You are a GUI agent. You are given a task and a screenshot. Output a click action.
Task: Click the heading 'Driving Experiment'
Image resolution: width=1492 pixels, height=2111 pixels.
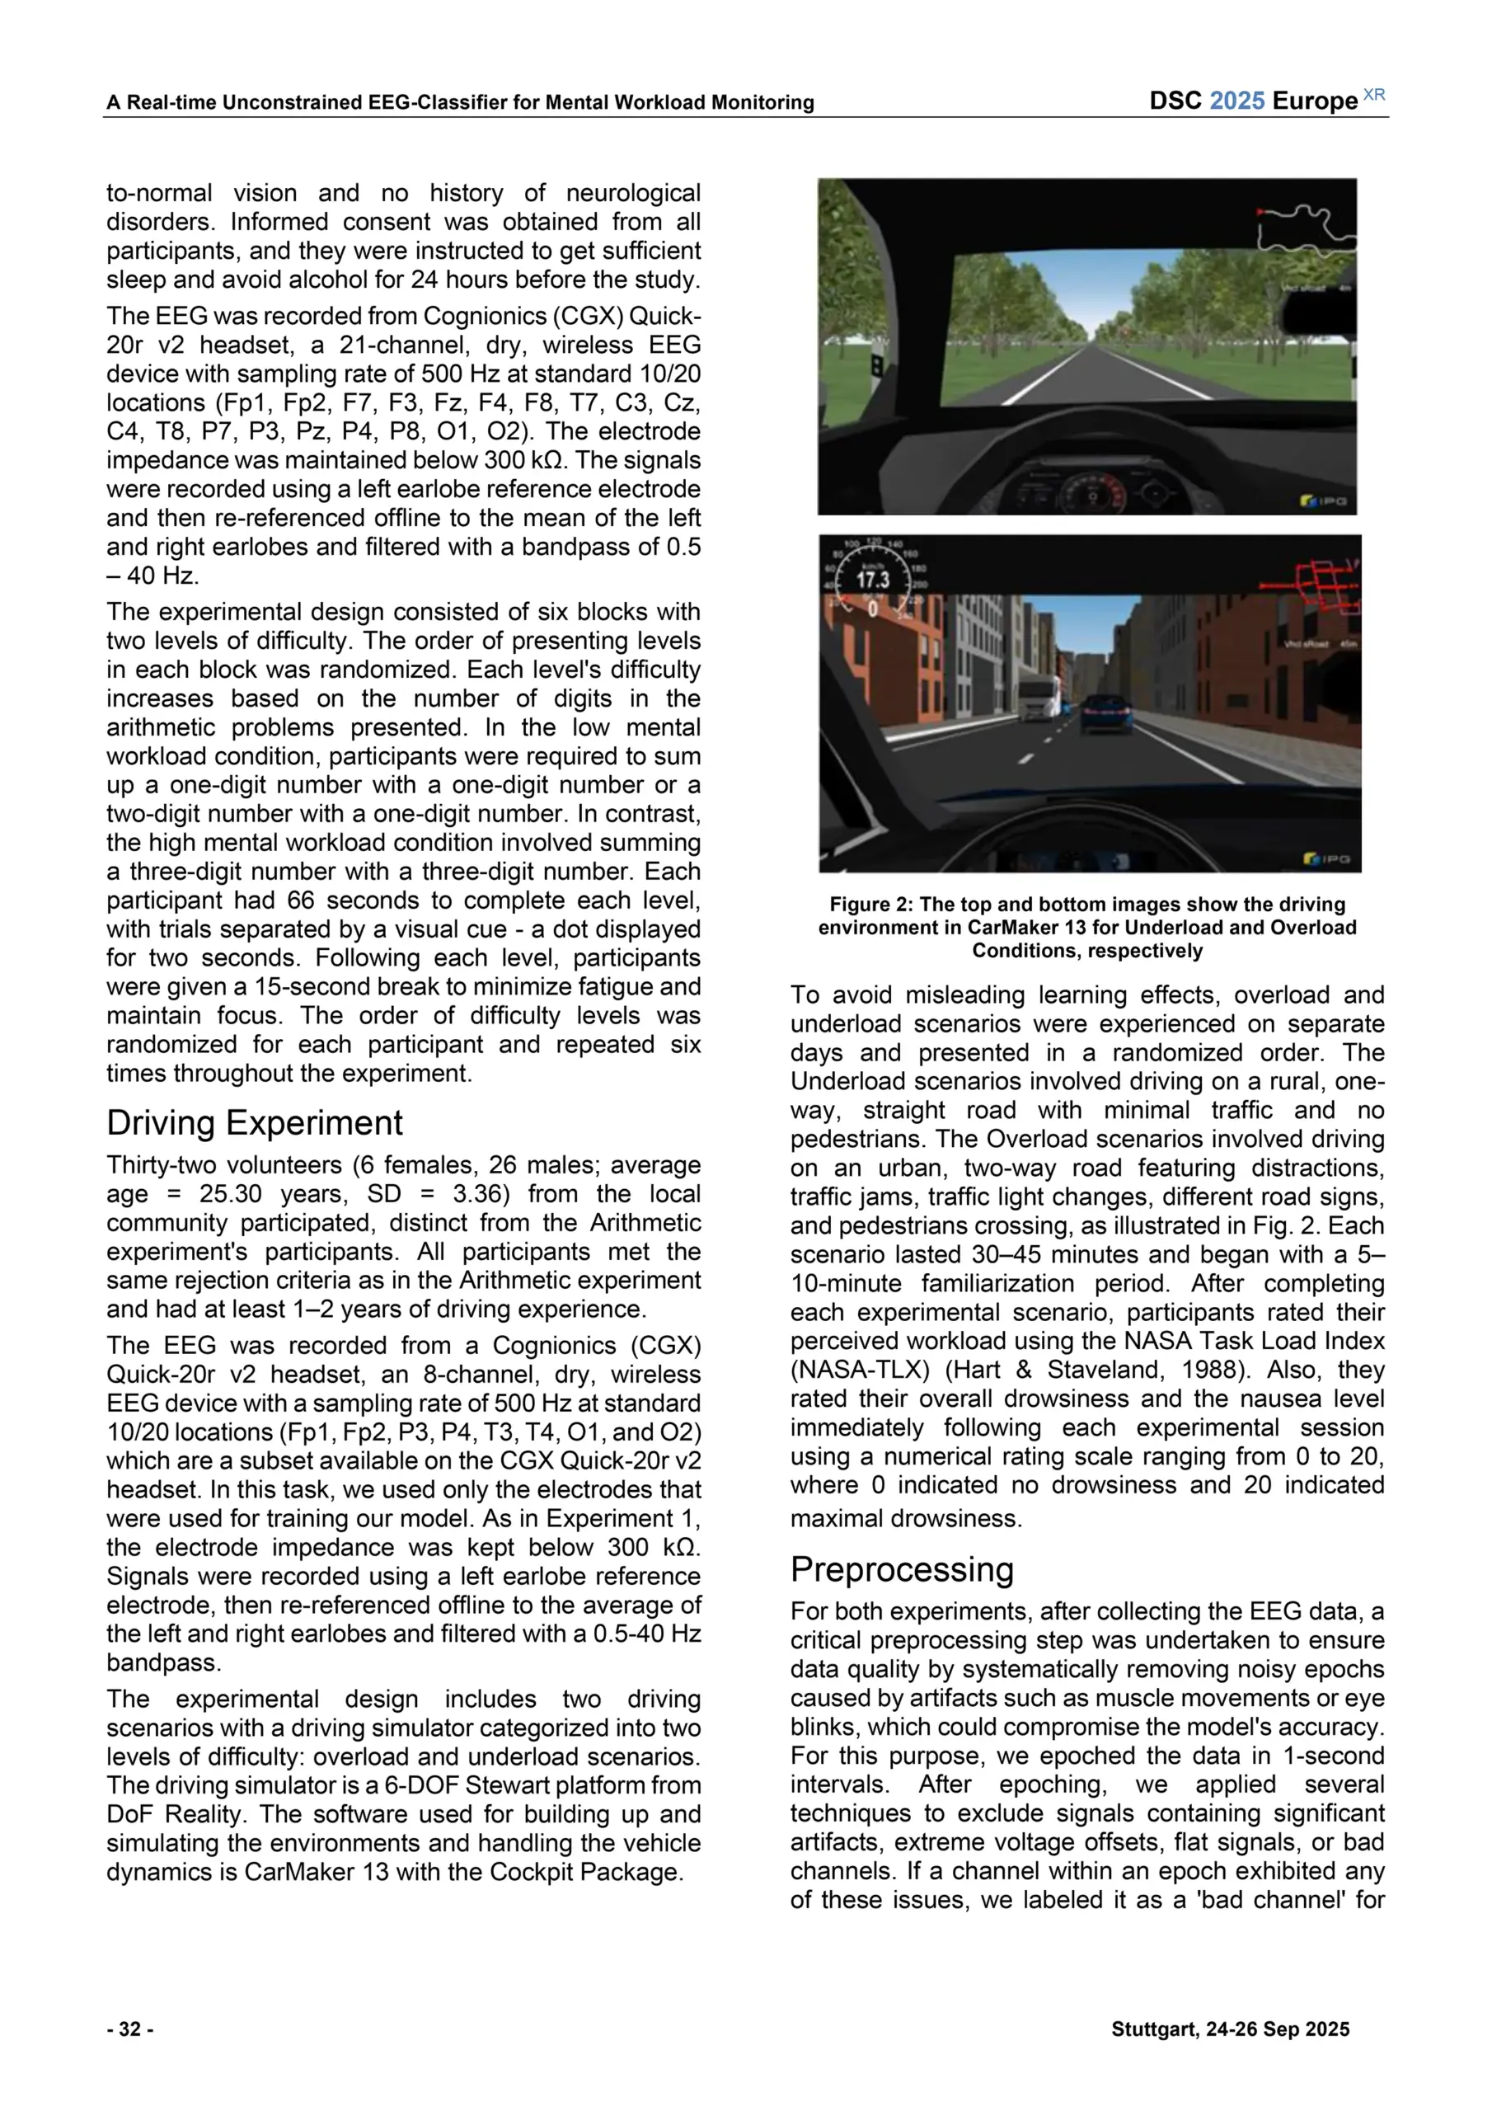pyautogui.click(x=254, y=1122)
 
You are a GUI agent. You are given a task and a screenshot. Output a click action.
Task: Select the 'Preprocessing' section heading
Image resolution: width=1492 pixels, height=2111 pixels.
pyautogui.click(x=901, y=1569)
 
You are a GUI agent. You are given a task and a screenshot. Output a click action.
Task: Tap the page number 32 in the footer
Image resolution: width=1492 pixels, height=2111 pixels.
pyautogui.click(x=130, y=2029)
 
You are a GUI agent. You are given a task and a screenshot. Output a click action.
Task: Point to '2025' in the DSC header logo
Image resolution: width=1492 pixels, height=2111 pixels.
pyautogui.click(x=1236, y=101)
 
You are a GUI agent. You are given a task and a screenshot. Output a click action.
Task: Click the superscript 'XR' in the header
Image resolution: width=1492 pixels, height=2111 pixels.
pyautogui.click(x=1374, y=95)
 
